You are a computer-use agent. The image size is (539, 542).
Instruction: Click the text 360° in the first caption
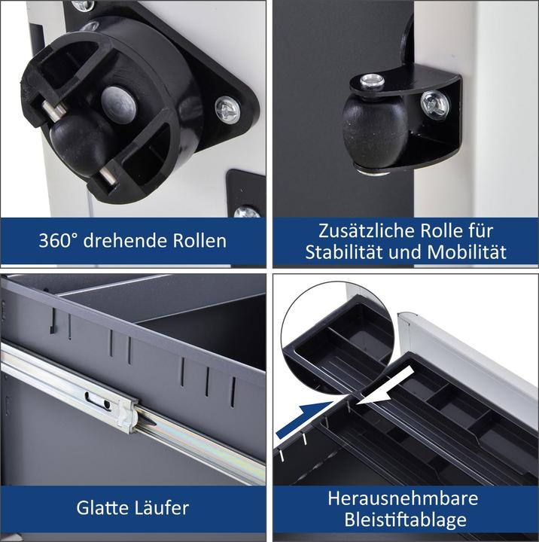pyautogui.click(x=58, y=240)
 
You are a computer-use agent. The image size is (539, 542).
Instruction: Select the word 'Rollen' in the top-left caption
pyautogui.click(x=199, y=240)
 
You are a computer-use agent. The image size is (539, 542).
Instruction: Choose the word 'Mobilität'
pyautogui.click(x=467, y=252)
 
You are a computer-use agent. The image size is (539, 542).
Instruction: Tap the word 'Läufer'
pyautogui.click(x=161, y=507)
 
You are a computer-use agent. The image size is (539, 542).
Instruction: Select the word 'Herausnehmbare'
pyautogui.click(x=403, y=498)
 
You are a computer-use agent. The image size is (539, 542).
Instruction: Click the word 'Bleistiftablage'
pyautogui.click(x=405, y=520)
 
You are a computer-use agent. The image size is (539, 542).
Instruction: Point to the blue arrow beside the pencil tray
pyautogui.click(x=306, y=420)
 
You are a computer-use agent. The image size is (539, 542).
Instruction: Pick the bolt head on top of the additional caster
pyautogui.click(x=372, y=81)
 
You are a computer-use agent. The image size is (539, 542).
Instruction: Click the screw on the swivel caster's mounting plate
pyautogui.click(x=227, y=110)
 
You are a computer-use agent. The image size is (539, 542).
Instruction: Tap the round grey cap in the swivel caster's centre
pyautogui.click(x=119, y=105)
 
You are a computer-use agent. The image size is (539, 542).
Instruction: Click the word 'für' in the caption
pyautogui.click(x=481, y=230)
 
